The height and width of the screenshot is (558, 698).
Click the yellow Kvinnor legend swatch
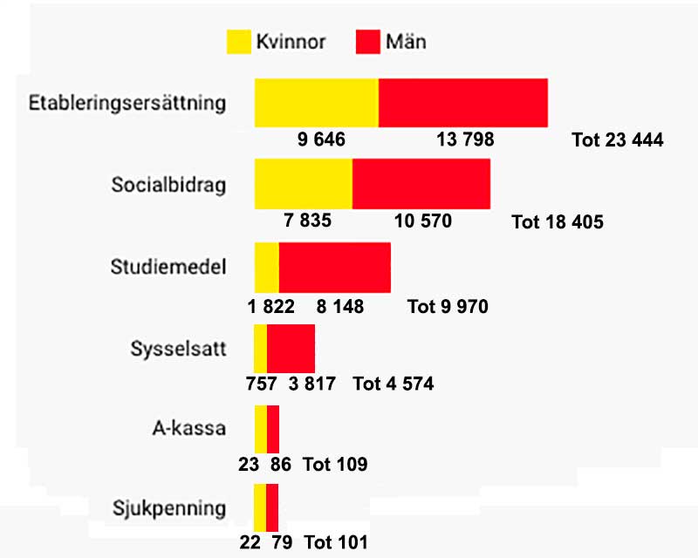click(x=237, y=41)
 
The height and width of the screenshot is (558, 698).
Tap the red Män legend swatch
click(x=368, y=41)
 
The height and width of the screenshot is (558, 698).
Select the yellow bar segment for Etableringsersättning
click(x=316, y=103)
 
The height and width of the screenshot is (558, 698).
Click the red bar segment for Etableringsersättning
click(x=463, y=103)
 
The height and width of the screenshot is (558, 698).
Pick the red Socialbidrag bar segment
click(x=421, y=184)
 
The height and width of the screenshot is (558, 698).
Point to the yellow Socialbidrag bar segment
click(x=303, y=184)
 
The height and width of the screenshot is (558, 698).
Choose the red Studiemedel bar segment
click(x=335, y=267)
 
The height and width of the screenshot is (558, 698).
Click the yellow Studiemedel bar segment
click(x=266, y=267)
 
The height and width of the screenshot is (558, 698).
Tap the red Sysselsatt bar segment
click(x=291, y=347)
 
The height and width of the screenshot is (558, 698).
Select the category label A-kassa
click(x=188, y=428)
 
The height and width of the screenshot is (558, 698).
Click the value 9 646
click(x=322, y=139)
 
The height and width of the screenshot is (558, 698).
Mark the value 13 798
click(x=462, y=139)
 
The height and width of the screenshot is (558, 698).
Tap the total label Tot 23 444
click(x=618, y=139)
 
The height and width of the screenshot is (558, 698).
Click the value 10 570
click(x=423, y=221)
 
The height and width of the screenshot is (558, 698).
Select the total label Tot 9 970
click(x=448, y=307)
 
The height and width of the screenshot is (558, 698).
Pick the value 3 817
click(x=311, y=384)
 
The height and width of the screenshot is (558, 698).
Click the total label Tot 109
click(x=335, y=464)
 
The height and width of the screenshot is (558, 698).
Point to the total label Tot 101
click(x=335, y=542)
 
